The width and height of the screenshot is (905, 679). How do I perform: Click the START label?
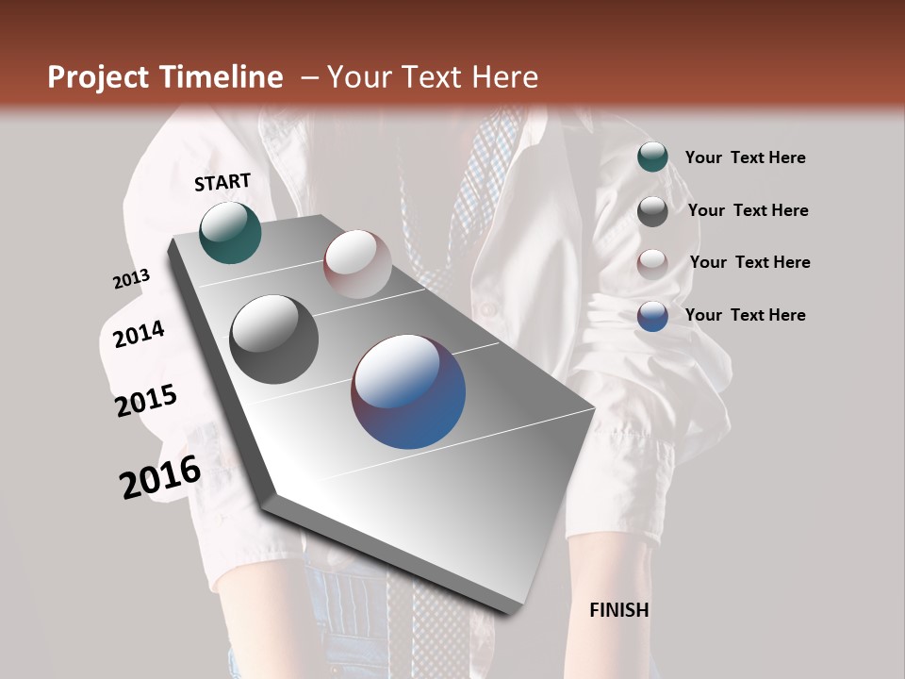222,182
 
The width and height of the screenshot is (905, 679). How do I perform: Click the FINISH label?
618,610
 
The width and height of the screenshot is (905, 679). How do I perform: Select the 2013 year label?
131,279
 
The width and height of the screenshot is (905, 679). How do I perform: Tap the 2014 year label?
139,334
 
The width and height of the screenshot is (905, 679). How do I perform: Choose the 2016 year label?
160,476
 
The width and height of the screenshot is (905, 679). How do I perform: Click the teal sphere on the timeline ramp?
230,232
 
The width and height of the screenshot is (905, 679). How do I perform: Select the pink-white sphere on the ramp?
357,263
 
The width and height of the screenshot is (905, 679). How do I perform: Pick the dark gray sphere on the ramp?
273,339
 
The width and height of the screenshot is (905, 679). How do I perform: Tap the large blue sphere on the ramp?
408,391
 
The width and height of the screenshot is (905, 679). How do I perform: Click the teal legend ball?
652,157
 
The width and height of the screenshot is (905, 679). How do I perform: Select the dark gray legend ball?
652,210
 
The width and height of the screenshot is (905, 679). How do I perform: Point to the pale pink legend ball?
652,263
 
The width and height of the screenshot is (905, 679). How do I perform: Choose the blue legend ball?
652,316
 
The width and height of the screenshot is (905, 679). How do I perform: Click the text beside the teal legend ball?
745,157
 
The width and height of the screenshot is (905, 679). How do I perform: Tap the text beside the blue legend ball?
745,315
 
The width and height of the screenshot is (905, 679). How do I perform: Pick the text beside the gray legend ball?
748,210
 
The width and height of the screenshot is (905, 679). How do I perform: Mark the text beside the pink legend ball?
749,262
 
